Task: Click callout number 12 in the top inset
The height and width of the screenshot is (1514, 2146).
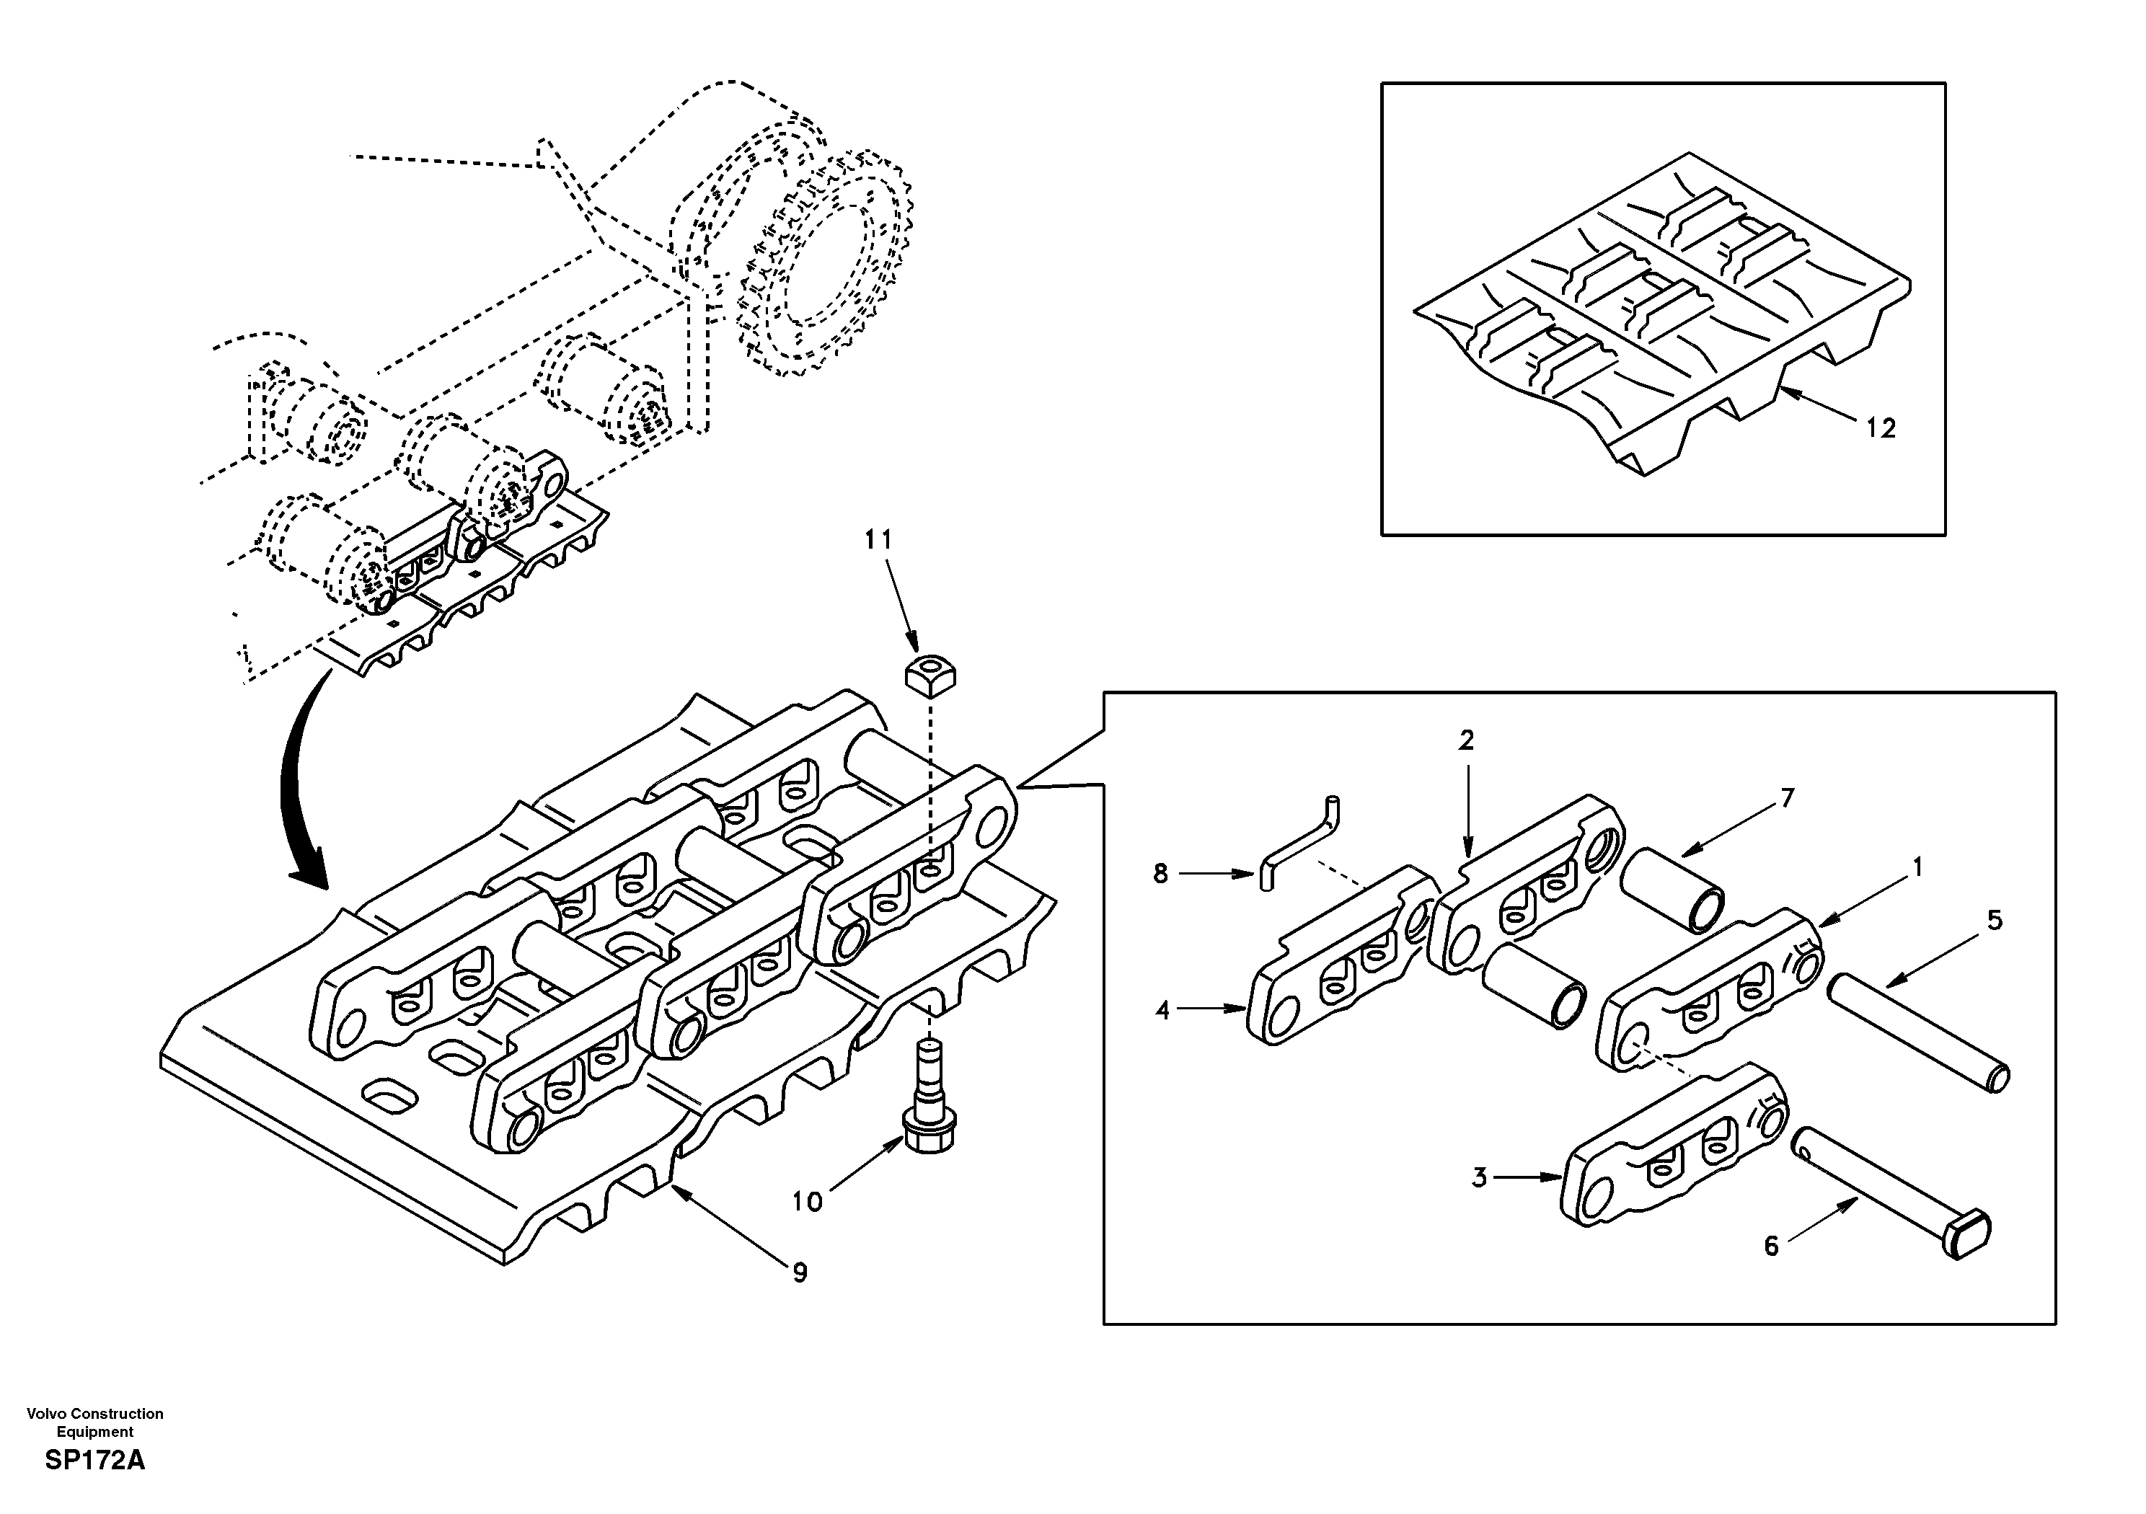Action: pos(1881,428)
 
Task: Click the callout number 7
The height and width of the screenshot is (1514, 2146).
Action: pos(1786,798)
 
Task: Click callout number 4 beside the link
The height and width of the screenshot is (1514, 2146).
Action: pos(1162,1009)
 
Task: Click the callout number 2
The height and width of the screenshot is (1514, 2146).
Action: pos(1465,740)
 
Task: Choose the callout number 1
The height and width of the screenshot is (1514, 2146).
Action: pos(1916,868)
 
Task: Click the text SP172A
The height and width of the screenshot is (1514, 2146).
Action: pos(94,1461)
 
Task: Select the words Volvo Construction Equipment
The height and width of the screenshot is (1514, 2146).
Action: pos(94,1422)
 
